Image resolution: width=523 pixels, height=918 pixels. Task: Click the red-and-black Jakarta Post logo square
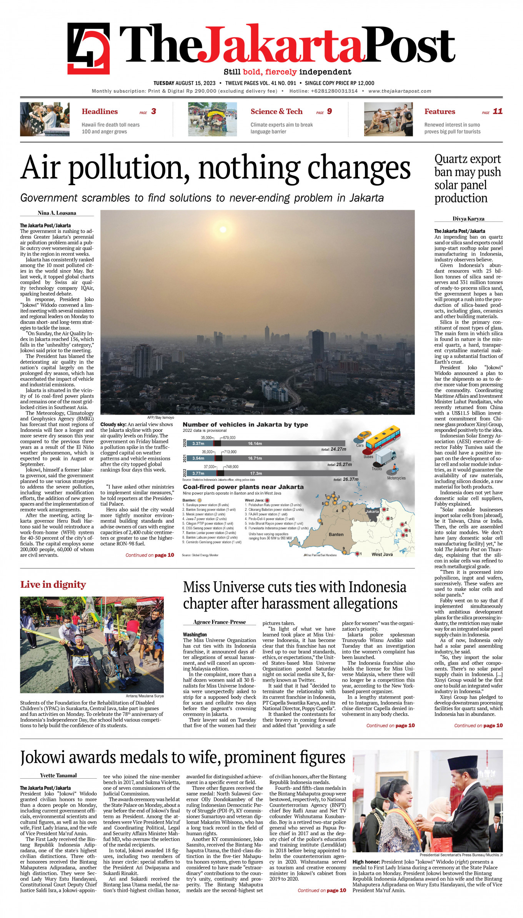click(x=88, y=48)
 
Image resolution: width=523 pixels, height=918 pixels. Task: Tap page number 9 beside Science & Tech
click(x=330, y=111)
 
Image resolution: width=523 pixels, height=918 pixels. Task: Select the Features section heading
click(x=440, y=112)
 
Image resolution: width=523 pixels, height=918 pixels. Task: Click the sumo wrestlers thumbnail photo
click(x=388, y=119)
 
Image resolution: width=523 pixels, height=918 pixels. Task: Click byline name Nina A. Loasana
click(x=57, y=213)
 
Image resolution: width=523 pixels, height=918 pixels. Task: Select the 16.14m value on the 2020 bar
click(x=255, y=443)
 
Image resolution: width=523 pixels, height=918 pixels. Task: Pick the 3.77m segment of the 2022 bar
click(x=198, y=473)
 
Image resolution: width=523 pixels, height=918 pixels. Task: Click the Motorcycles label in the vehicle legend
click(x=396, y=478)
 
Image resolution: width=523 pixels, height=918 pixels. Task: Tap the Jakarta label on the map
click(x=372, y=511)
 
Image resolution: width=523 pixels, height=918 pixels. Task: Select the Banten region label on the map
click(x=336, y=534)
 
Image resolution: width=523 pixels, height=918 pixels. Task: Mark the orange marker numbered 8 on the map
click(x=320, y=520)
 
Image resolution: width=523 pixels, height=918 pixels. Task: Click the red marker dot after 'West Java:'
click(x=267, y=500)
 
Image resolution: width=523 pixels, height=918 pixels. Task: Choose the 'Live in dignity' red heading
click(x=53, y=585)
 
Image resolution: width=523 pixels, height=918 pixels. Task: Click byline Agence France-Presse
click(x=220, y=622)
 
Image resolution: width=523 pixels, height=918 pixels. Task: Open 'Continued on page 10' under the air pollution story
click(x=150, y=555)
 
